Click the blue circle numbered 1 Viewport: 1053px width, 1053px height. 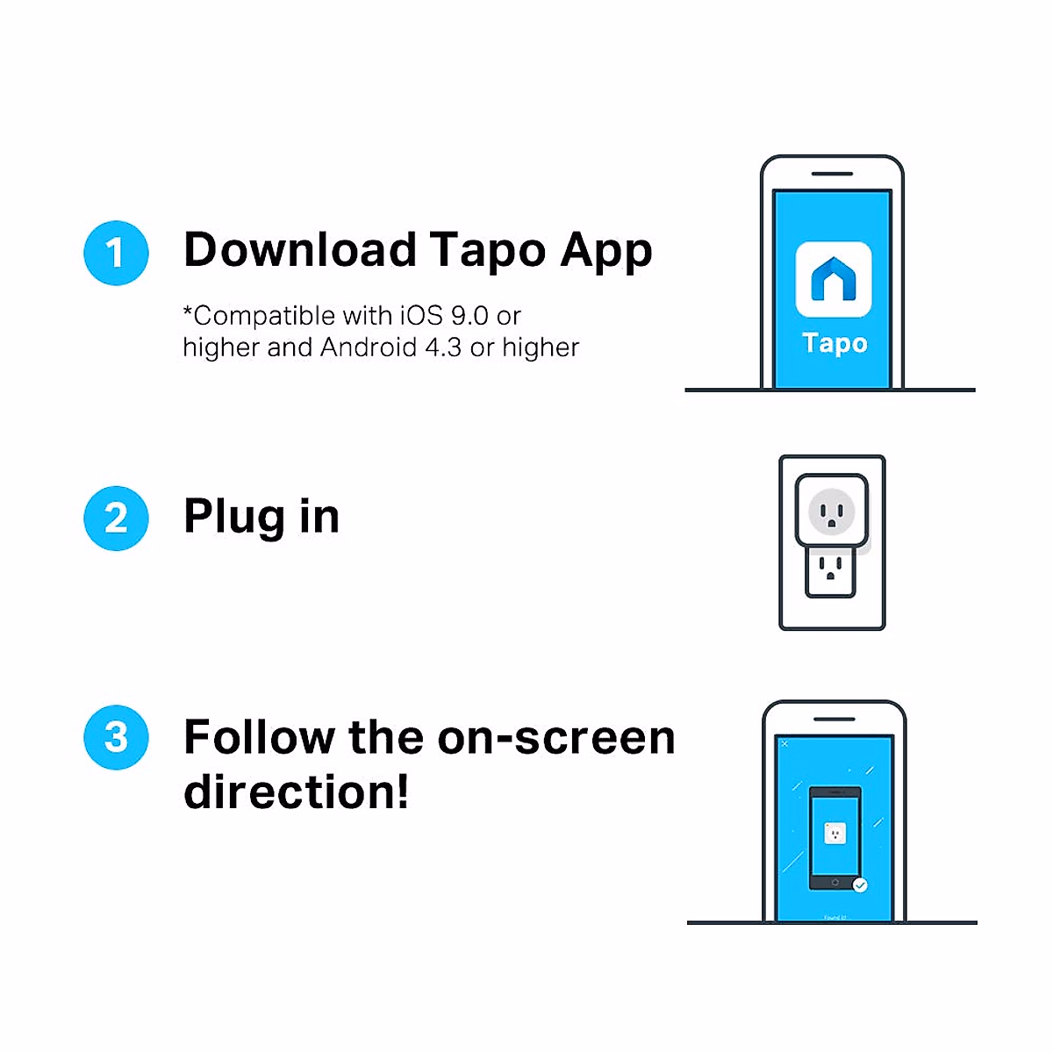(116, 253)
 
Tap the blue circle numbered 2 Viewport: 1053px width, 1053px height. (116, 518)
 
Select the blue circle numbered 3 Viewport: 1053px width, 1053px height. (116, 737)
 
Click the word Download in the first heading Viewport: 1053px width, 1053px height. (299, 250)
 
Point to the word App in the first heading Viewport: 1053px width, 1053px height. (606, 252)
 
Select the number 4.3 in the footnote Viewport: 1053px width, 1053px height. (443, 347)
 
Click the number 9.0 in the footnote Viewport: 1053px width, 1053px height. (469, 315)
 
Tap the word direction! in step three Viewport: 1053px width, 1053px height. (296, 792)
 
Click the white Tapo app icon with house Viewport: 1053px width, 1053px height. (834, 279)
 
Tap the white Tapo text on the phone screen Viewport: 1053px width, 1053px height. (835, 343)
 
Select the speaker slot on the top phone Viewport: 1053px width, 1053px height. (832, 174)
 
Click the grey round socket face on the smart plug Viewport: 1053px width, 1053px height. (831, 511)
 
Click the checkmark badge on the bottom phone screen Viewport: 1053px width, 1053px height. (860, 885)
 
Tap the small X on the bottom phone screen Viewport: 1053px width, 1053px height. (784, 744)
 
